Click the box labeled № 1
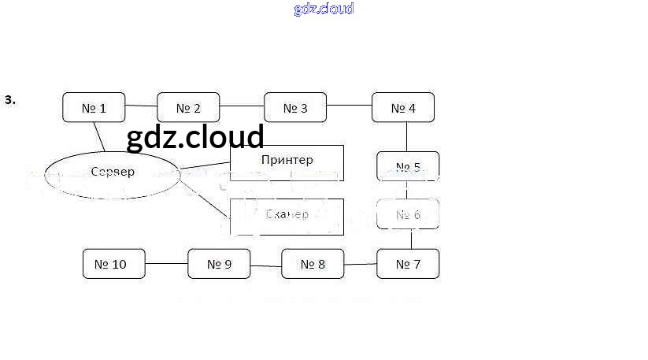pos(94,108)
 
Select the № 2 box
pos(188,108)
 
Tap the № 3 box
pos(295,108)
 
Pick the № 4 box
pos(402,108)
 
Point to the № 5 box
pos(408,167)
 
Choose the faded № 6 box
pos(408,214)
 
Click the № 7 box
pos(407,264)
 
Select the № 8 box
pos(313,264)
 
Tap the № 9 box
pos(219,264)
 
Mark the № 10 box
pos(114,264)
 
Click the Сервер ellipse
pos(113,173)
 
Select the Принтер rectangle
pos(287,162)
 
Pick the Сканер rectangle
pos(287,216)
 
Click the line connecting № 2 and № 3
pos(242,106)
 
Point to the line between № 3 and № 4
pos(349,106)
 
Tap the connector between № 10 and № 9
pos(167,264)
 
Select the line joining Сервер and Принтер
pos(205,165)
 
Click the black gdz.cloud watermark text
pos(194,137)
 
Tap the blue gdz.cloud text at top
pos(324,9)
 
